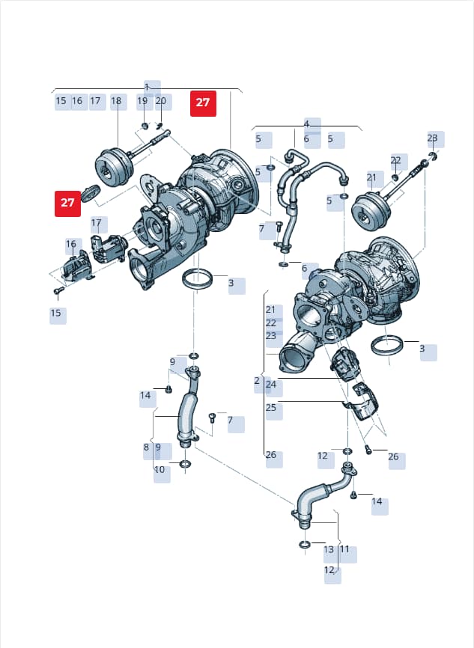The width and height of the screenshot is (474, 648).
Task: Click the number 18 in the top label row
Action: point(116,101)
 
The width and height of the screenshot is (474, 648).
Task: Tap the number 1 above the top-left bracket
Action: point(147,88)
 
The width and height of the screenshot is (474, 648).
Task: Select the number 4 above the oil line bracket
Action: point(306,123)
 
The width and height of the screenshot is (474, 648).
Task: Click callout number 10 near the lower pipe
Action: point(159,470)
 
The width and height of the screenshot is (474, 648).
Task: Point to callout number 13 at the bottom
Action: point(329,550)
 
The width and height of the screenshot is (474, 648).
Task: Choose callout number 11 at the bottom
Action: point(344,549)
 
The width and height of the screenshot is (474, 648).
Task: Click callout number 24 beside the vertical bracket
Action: point(271,385)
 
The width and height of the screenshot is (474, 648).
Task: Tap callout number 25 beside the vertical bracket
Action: point(271,408)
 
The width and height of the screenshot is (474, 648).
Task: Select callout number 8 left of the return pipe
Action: point(146,447)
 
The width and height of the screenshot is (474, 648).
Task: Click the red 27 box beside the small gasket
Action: point(67,204)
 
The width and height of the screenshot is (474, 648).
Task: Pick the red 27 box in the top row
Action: point(203,103)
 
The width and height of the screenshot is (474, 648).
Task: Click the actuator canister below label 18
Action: point(114,165)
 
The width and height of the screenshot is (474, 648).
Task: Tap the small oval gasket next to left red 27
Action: point(91,193)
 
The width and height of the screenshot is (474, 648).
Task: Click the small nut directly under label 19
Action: point(145,125)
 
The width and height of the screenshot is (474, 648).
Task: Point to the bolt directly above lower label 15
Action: point(58,290)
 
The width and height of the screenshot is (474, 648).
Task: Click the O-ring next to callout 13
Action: point(304,544)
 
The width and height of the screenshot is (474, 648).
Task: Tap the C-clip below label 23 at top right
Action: point(433,156)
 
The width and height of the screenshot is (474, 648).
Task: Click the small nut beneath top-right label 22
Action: point(395,177)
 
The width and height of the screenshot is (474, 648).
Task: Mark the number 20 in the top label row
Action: point(160,101)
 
